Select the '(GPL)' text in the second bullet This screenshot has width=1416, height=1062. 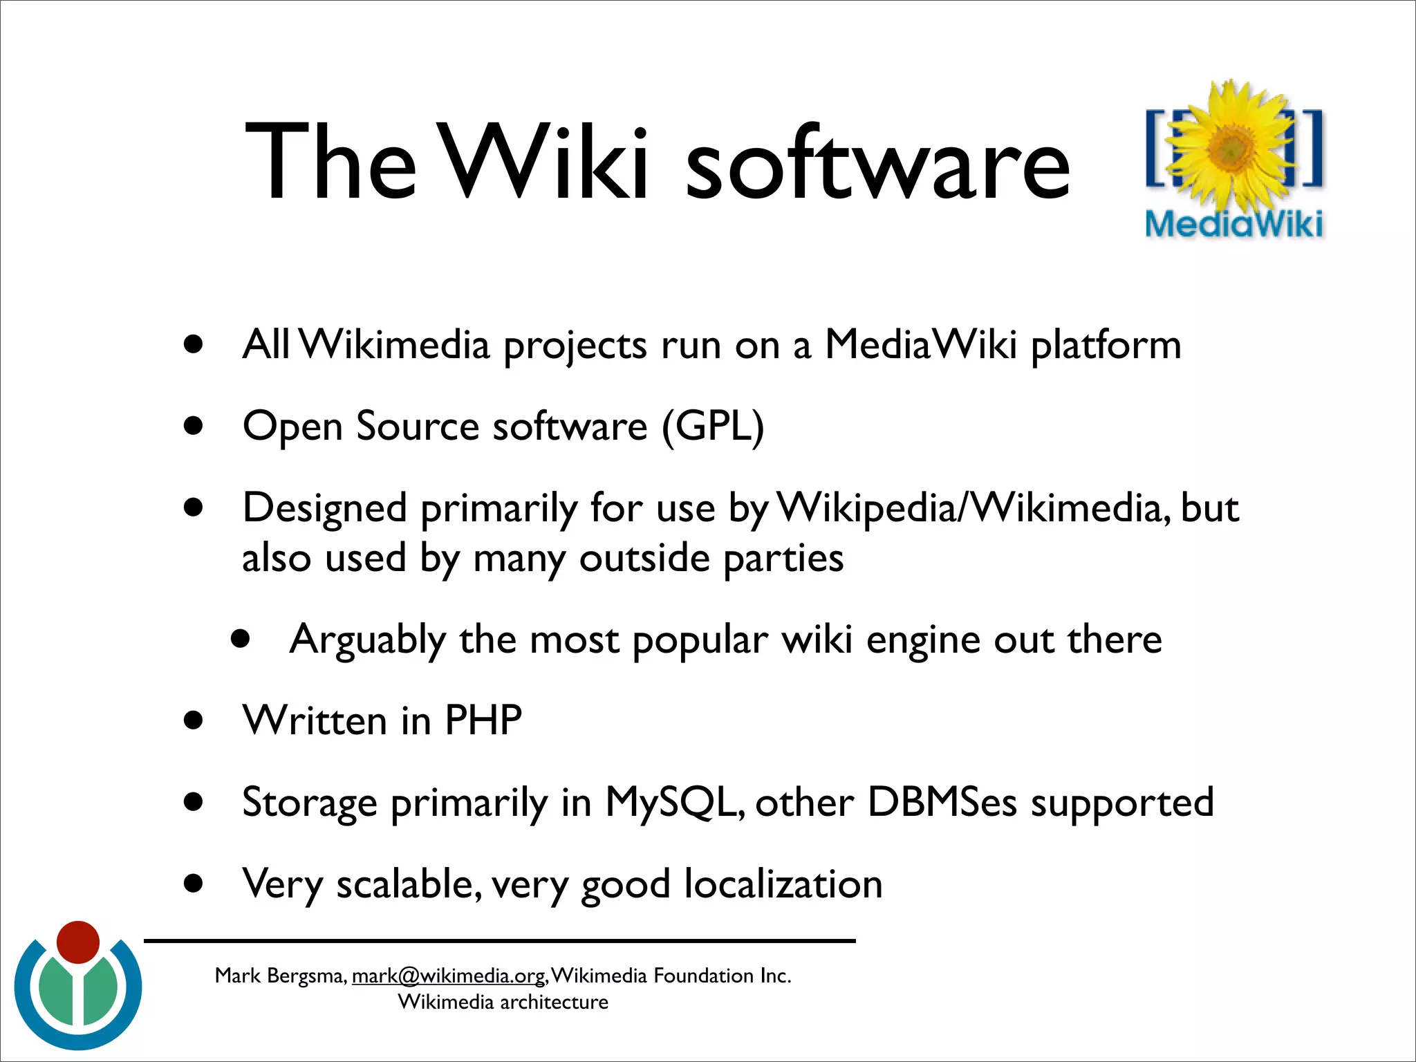pos(713,426)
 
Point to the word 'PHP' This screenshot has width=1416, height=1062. pos(483,720)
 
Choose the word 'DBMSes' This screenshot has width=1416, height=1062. pos(942,802)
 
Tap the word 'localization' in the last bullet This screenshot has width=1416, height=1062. pos(783,884)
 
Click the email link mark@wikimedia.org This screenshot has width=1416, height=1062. pos(449,976)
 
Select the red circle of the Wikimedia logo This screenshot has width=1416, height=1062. pos(78,942)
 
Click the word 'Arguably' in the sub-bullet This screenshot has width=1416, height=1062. pos(367,640)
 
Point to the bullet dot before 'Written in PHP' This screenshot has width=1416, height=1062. pos(194,720)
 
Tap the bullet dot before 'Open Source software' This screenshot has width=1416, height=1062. pos(194,426)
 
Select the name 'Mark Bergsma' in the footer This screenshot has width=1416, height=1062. pos(279,976)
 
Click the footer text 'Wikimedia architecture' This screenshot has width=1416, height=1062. pos(503,1002)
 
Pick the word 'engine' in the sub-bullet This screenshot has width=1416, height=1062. pos(922,640)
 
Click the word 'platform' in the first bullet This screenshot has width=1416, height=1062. pos(1106,344)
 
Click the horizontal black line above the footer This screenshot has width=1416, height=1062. pos(499,941)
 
